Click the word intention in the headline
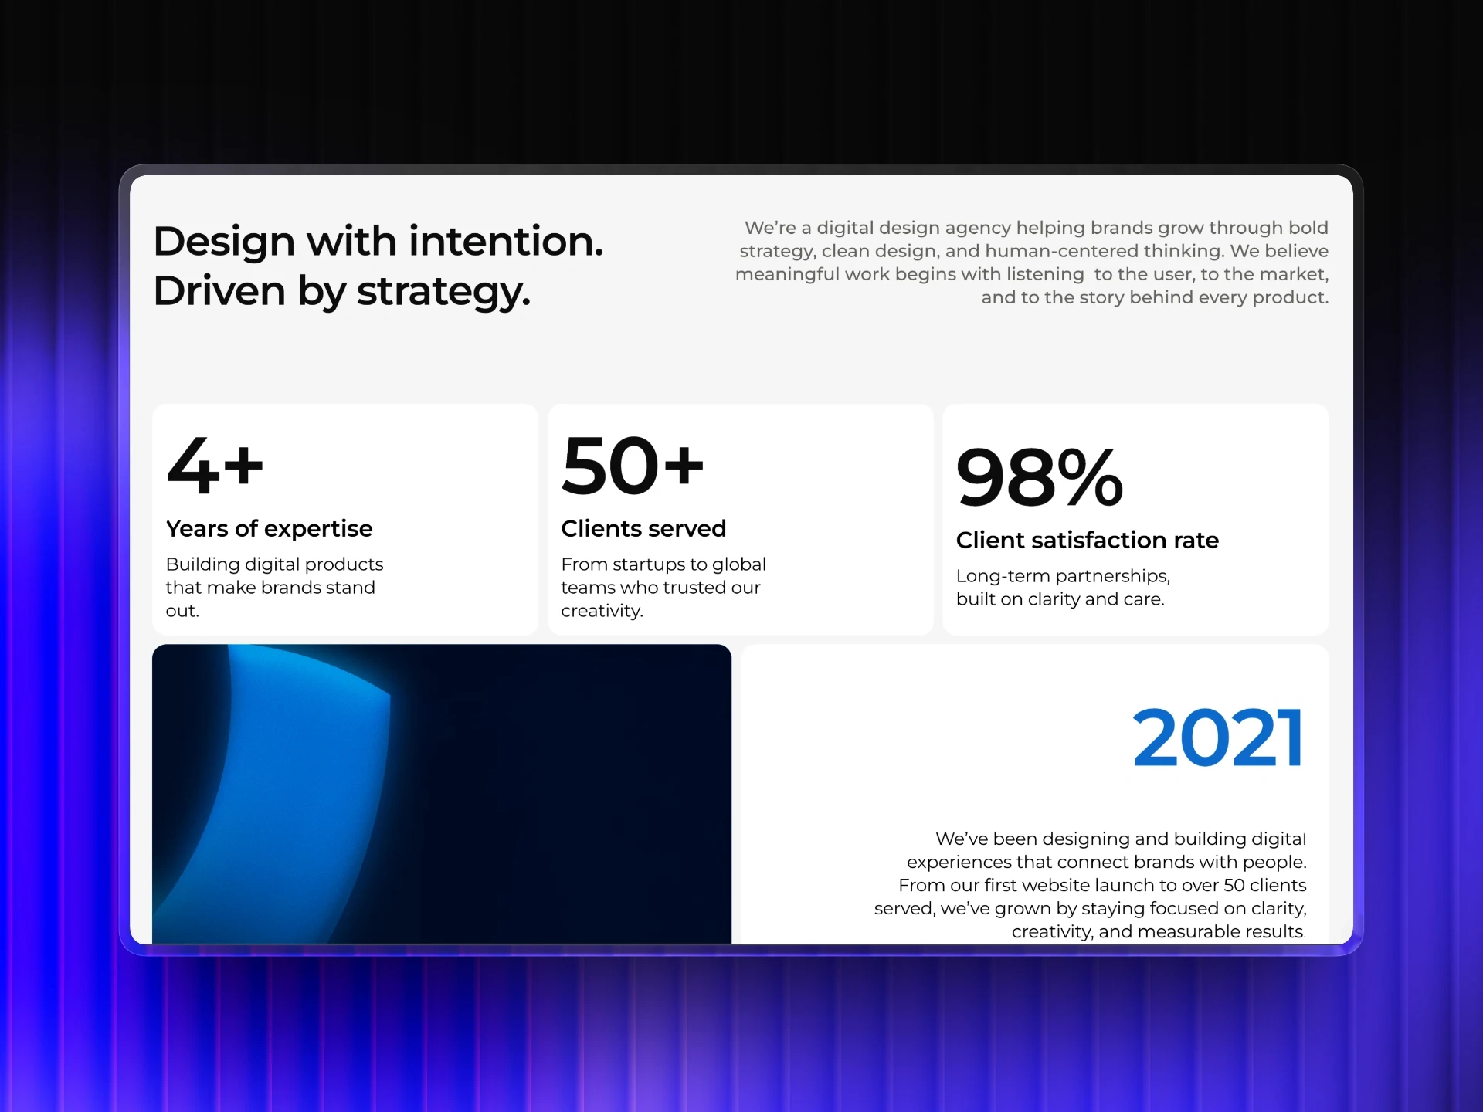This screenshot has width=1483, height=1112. pyautogui.click(x=506, y=241)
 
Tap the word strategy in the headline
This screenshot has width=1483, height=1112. pyautogui.click(x=443, y=293)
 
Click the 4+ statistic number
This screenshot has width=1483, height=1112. pyautogui.click(x=215, y=465)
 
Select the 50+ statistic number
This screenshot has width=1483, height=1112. pyautogui.click(x=633, y=465)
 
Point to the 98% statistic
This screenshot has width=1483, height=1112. pyautogui.click(x=1039, y=477)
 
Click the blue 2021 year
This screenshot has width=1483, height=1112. pyautogui.click(x=1218, y=738)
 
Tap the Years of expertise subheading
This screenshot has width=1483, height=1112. pyautogui.click(x=269, y=529)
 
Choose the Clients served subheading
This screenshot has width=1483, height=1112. pyautogui.click(x=643, y=529)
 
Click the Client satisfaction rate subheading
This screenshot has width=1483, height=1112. pyautogui.click(x=1087, y=541)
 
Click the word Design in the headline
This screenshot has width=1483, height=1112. pyautogui.click(x=224, y=242)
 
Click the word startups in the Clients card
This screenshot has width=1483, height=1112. pyautogui.click(x=649, y=564)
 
